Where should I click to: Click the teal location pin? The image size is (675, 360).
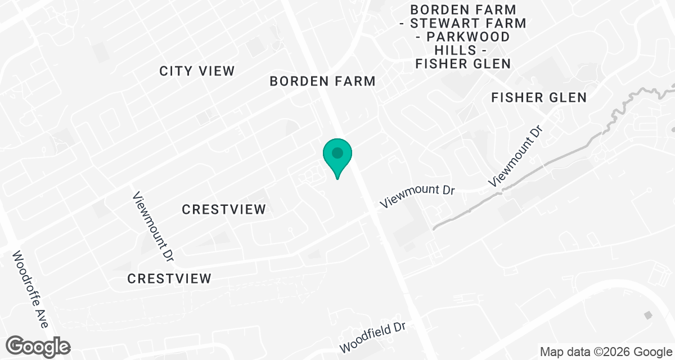click(337, 157)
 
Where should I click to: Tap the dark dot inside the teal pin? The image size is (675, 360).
click(337, 152)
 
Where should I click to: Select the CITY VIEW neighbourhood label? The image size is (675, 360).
click(197, 71)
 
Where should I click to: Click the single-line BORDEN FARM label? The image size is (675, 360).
click(322, 81)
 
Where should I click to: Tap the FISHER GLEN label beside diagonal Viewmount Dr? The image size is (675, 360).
click(539, 97)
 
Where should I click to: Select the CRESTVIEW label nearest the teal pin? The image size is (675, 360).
click(224, 210)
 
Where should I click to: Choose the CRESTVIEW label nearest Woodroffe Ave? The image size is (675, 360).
click(169, 278)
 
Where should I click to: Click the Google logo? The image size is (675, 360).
click(38, 345)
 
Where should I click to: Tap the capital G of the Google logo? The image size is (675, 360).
click(17, 345)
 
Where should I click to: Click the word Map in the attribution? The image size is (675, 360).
click(552, 352)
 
